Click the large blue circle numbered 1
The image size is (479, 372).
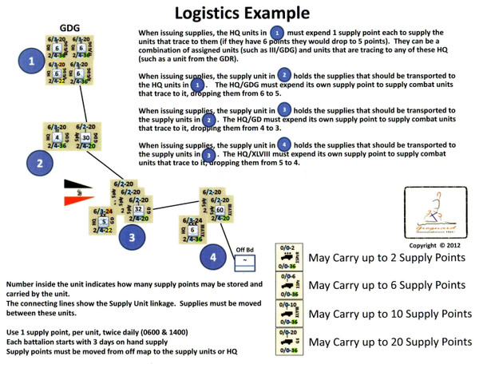coord(30,61)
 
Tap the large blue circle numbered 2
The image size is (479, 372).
coord(38,164)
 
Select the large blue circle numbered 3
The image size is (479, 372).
coord(133,237)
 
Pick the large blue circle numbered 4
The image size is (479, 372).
coord(212,259)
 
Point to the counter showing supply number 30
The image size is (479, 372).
coord(85,137)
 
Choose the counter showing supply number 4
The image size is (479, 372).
coord(57,137)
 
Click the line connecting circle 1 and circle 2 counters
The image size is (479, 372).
coord(76,104)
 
